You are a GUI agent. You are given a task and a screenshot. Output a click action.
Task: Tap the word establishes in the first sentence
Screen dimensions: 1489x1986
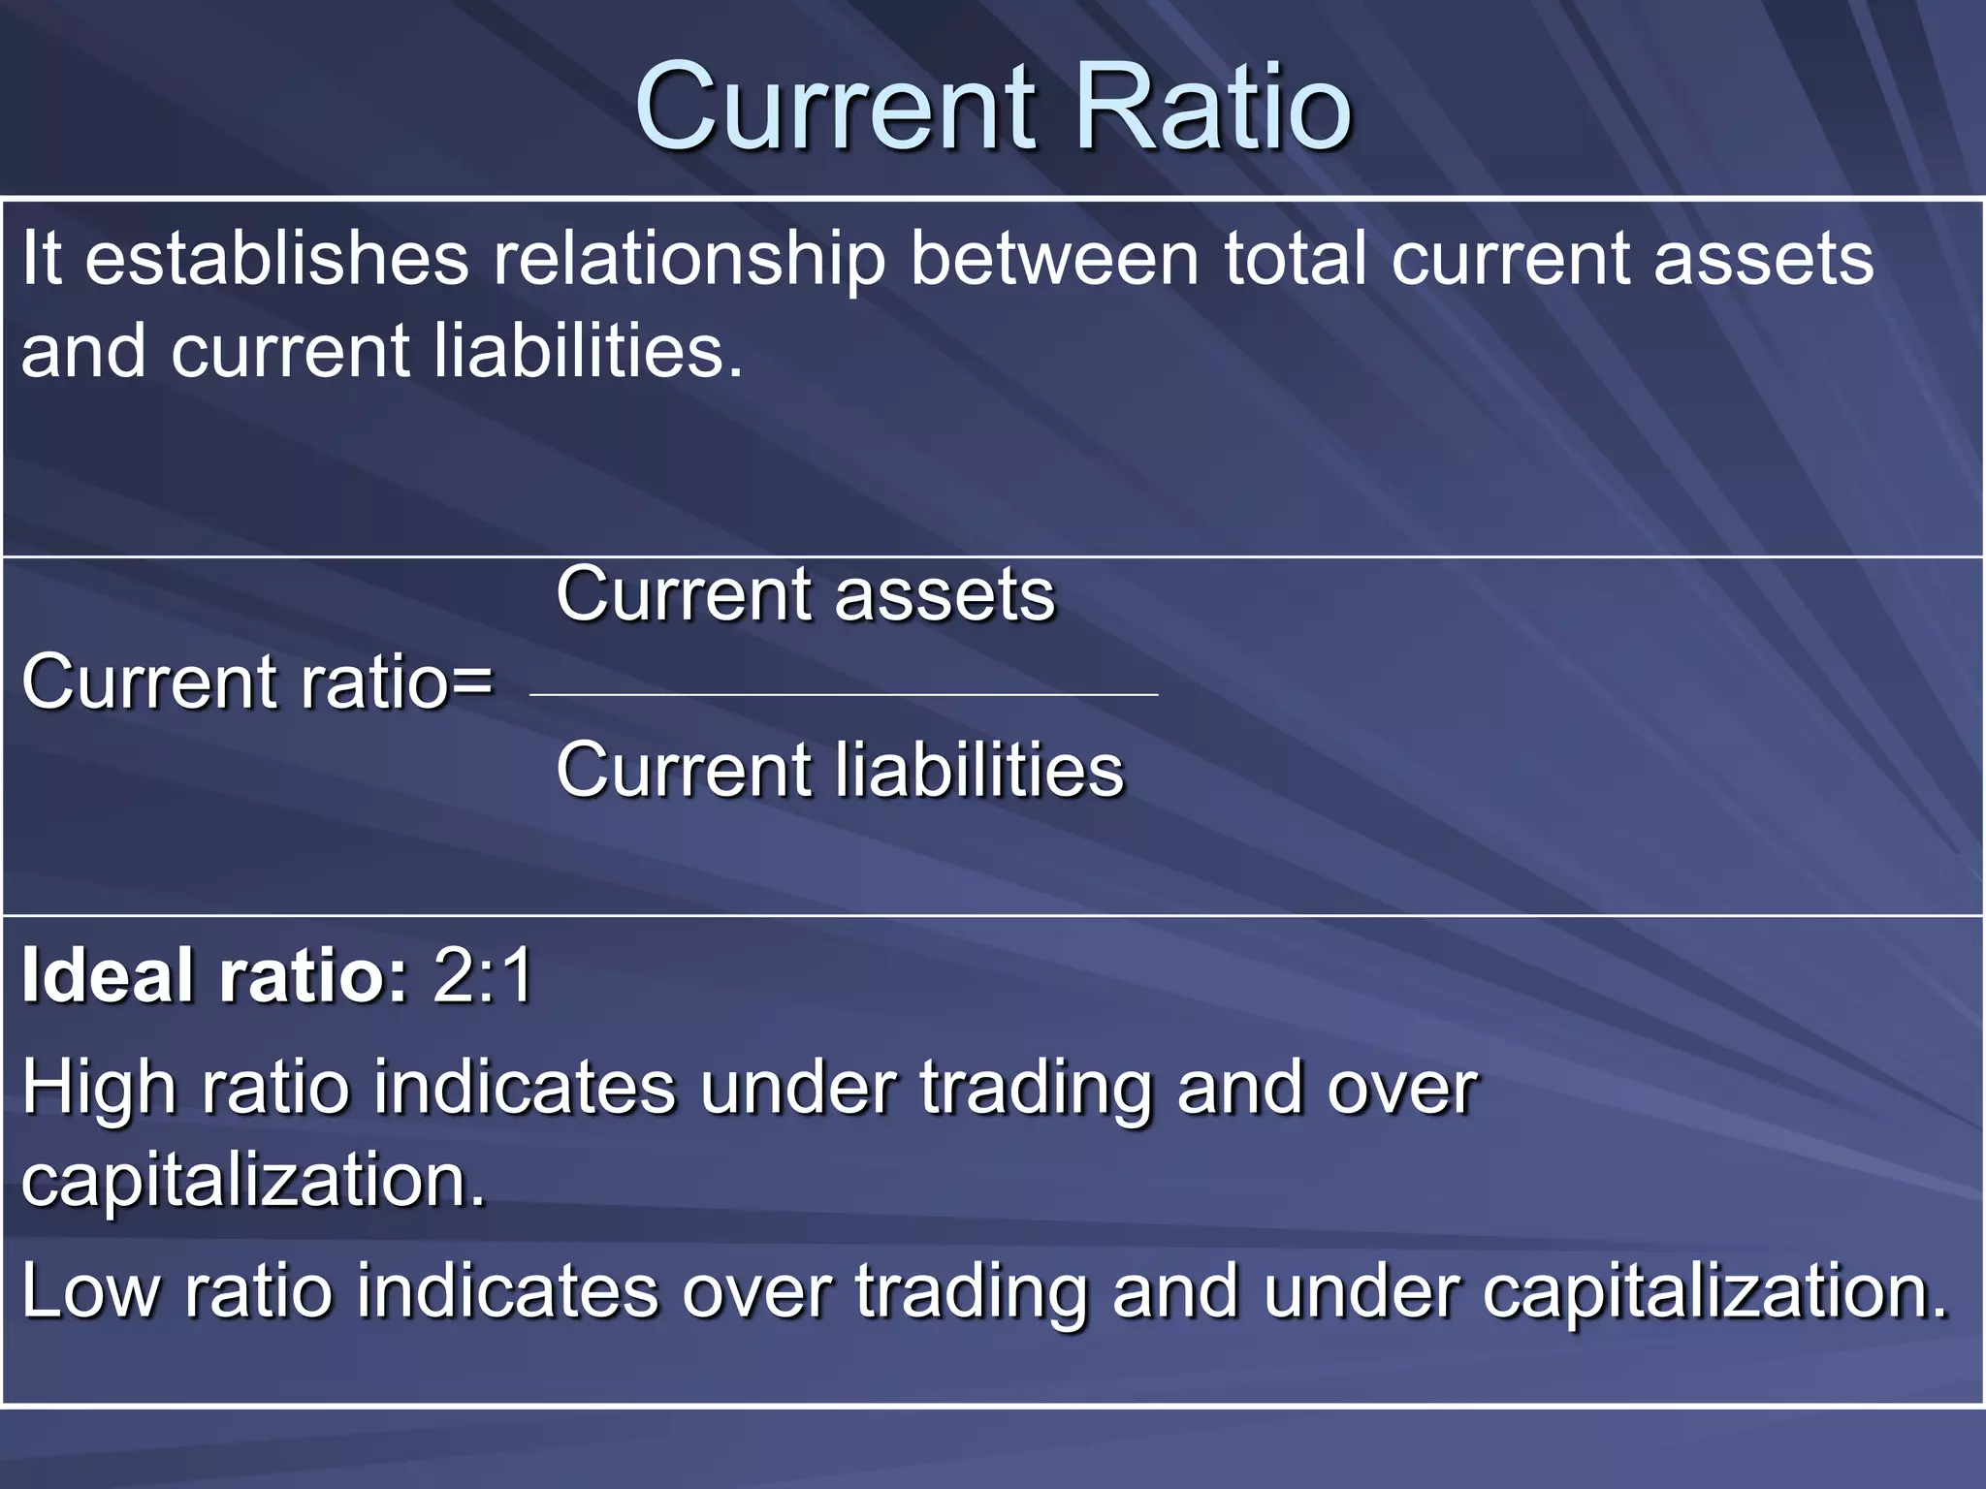[x=276, y=260]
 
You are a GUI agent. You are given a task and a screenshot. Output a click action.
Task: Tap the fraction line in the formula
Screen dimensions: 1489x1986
[x=844, y=695]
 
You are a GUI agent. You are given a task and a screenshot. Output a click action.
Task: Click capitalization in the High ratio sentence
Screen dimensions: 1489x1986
[x=252, y=1182]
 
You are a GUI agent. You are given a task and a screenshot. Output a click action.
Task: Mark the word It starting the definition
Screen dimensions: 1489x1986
[x=42, y=260]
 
